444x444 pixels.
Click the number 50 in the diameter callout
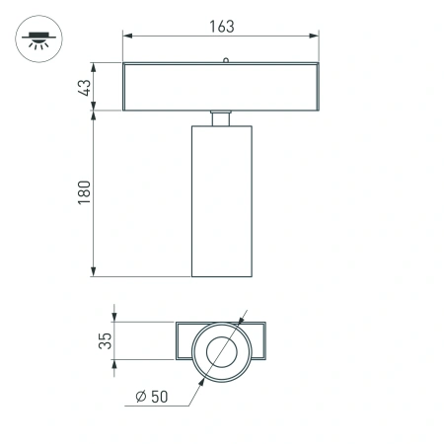pyautogui.click(x=161, y=397)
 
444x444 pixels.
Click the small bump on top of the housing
pyautogui.click(x=225, y=61)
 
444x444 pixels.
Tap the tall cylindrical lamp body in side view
pyautogui.click(x=222, y=202)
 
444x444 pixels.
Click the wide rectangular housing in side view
pyautogui.click(x=222, y=87)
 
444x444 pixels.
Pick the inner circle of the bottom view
pyautogui.click(x=222, y=351)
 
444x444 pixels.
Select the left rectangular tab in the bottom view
pyautogui.click(x=185, y=341)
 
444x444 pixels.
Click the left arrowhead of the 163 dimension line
pyautogui.click(x=126, y=36)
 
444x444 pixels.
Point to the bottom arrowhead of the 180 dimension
pyautogui.click(x=95, y=273)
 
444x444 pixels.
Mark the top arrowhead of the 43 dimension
pyautogui.click(x=95, y=67)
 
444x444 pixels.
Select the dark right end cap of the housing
pyautogui.click(x=315, y=87)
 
